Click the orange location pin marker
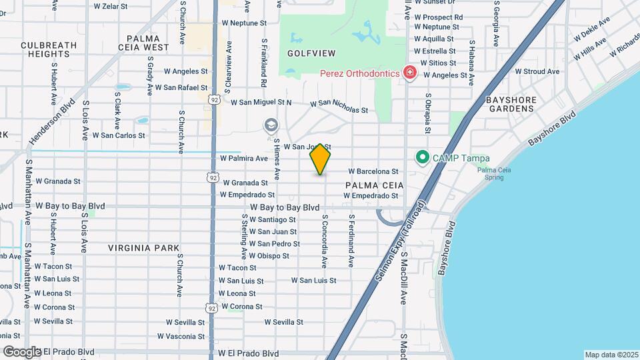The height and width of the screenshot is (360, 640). click(320, 159)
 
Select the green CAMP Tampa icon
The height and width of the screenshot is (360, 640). click(422, 158)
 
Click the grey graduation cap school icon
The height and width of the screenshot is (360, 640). click(271, 125)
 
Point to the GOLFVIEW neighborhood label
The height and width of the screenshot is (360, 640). click(311, 53)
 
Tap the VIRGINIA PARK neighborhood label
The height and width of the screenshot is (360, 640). click(144, 248)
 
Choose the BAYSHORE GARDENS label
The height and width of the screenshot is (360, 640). click(511, 103)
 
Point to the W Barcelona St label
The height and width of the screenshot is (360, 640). click(373, 171)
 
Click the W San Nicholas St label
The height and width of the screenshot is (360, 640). click(339, 106)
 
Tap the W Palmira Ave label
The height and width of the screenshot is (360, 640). click(244, 159)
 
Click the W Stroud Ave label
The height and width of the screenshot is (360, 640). click(537, 71)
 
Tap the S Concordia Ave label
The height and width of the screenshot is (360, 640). click(325, 241)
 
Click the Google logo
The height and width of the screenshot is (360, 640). click(23, 351)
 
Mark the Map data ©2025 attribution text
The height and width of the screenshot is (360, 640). click(611, 355)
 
